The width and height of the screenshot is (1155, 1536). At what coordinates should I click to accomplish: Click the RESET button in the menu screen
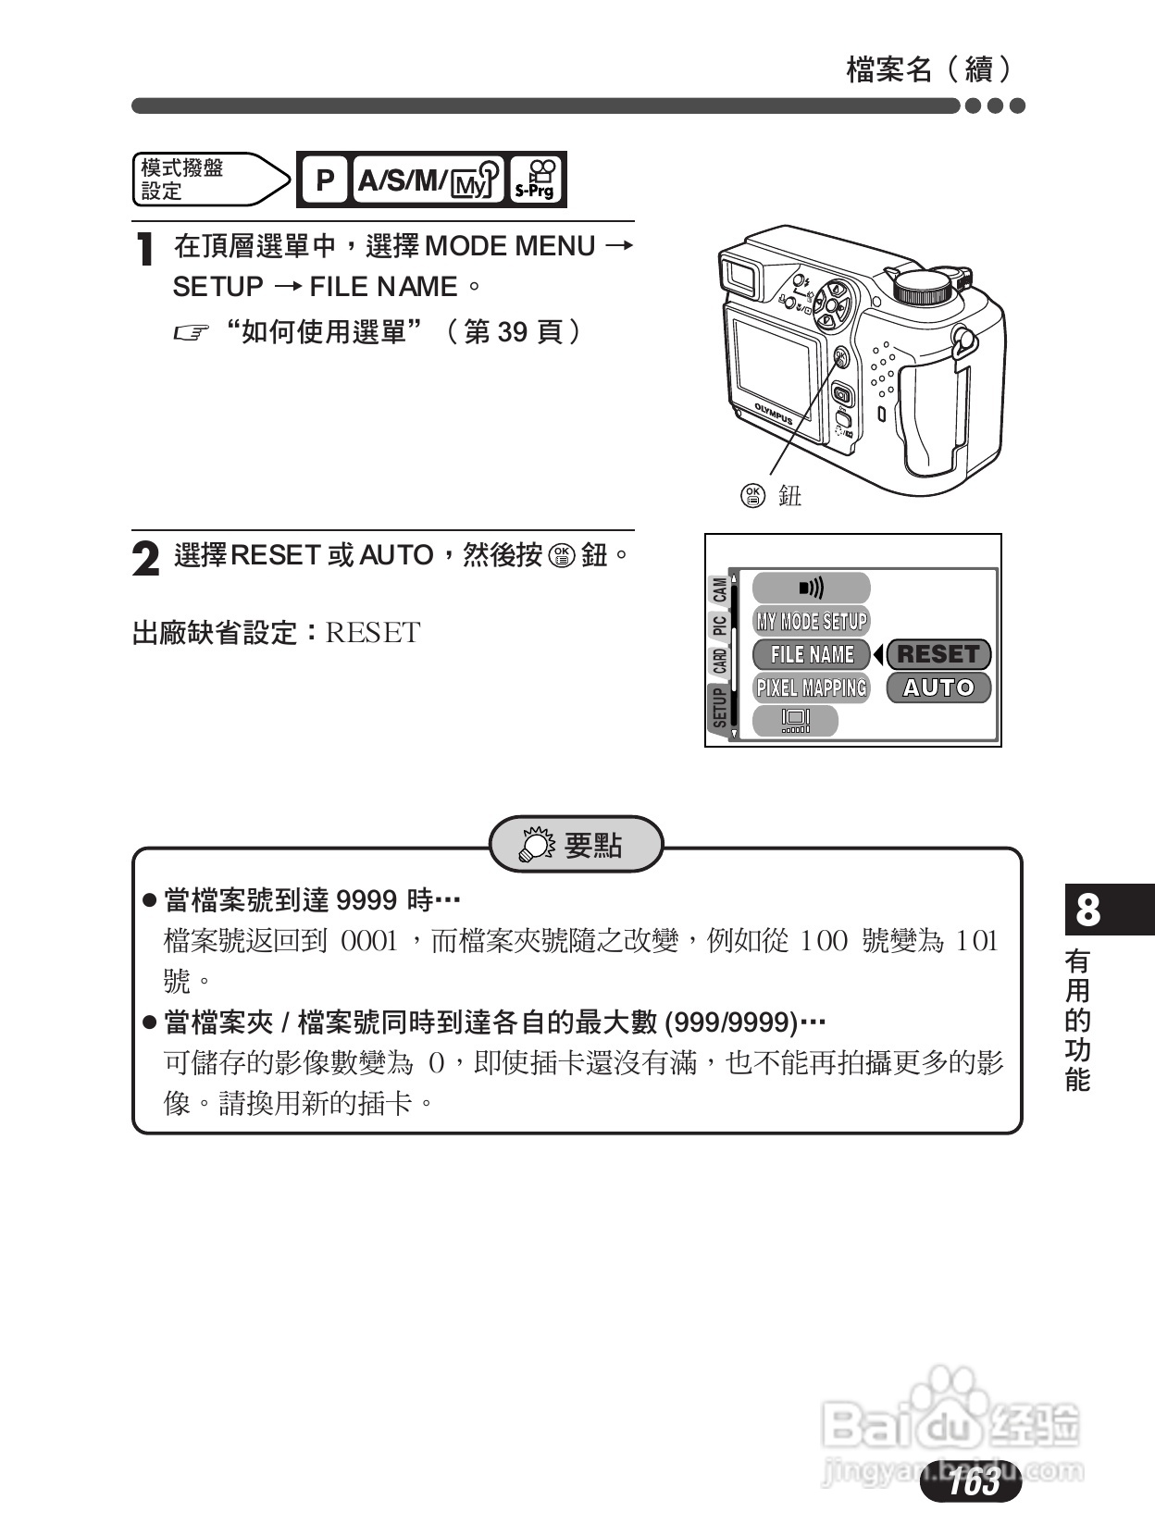coord(938,654)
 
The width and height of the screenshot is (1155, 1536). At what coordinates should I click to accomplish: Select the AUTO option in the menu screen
coord(938,687)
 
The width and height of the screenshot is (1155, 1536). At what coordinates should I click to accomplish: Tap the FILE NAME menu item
coord(811,654)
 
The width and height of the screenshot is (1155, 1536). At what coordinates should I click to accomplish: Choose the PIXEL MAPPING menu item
coord(811,687)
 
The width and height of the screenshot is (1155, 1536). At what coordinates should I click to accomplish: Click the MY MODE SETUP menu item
coord(811,621)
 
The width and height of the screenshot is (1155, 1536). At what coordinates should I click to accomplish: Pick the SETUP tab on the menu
coord(719,707)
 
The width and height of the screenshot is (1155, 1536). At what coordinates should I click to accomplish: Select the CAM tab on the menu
coord(719,588)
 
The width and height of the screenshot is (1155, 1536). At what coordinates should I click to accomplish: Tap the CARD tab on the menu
coord(719,661)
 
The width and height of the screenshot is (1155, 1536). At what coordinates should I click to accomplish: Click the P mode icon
coord(324,180)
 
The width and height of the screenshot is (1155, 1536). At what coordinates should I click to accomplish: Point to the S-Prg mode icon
coord(535,180)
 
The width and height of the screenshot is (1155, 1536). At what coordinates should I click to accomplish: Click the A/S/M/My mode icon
coord(428,180)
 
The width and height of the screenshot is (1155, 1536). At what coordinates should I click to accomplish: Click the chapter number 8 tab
coord(1088,910)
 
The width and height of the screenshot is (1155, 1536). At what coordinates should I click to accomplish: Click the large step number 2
coord(145,559)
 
